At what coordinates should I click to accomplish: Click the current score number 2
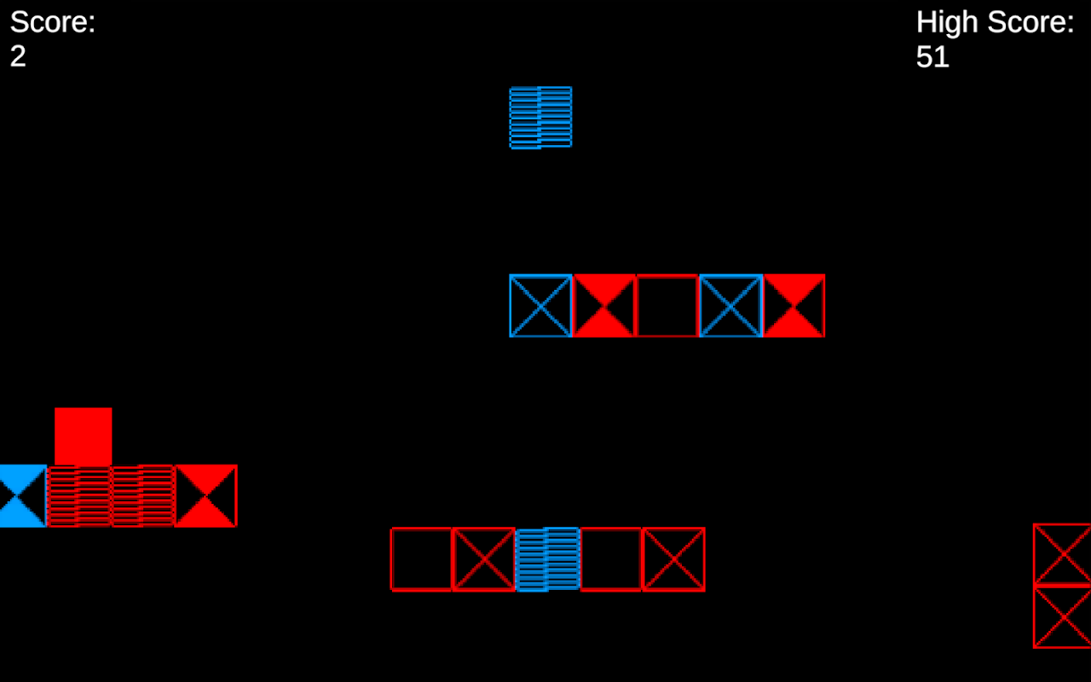pyautogui.click(x=18, y=57)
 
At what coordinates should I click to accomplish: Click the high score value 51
pyautogui.click(x=932, y=57)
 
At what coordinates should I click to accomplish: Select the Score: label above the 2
pyautogui.click(x=53, y=22)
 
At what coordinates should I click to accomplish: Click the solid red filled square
pyautogui.click(x=84, y=436)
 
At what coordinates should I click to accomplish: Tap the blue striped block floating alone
pyautogui.click(x=540, y=118)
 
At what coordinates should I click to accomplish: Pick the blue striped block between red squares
pyautogui.click(x=547, y=559)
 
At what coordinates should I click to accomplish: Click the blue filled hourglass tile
pyautogui.click(x=22, y=495)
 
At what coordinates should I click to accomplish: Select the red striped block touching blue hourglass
pyautogui.click(x=78, y=495)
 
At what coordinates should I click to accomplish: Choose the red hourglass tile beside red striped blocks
pyautogui.click(x=205, y=495)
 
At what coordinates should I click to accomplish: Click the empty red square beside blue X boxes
pyautogui.click(x=667, y=305)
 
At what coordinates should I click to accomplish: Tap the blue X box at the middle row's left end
pyautogui.click(x=540, y=305)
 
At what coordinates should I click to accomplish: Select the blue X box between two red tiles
pyautogui.click(x=730, y=305)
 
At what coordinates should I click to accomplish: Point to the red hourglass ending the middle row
pyautogui.click(x=794, y=305)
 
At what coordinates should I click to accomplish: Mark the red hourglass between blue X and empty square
pyautogui.click(x=604, y=305)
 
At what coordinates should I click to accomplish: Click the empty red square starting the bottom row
pyautogui.click(x=421, y=559)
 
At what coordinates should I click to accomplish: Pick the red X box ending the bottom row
pyautogui.click(x=673, y=559)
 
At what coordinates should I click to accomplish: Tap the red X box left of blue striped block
pyautogui.click(x=483, y=559)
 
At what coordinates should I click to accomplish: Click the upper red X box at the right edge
pyautogui.click(x=1062, y=554)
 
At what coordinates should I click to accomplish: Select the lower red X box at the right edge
pyautogui.click(x=1062, y=617)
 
